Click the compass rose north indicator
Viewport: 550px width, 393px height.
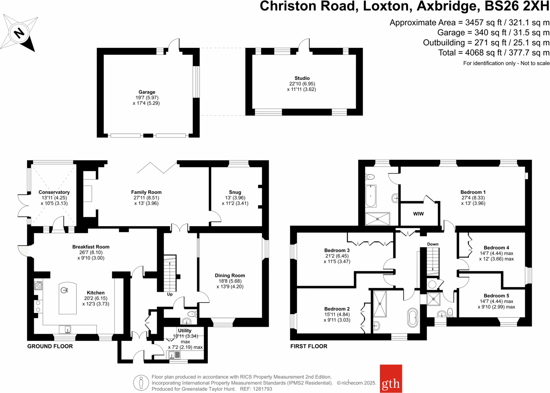point(19,33)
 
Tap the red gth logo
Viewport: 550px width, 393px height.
point(391,379)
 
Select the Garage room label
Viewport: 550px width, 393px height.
point(147,92)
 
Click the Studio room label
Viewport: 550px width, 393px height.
point(302,78)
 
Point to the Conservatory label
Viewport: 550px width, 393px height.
point(54,192)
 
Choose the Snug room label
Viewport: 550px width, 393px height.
point(235,192)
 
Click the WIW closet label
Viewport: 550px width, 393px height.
point(418,214)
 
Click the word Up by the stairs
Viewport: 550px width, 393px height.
point(169,294)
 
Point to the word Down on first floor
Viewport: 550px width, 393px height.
point(433,244)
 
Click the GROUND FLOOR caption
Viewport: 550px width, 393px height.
point(50,346)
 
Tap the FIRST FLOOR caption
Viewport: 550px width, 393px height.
point(309,346)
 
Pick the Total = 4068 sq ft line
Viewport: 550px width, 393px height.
point(494,52)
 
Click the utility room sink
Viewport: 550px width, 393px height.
point(174,355)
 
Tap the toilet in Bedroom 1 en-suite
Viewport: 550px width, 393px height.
point(370,177)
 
